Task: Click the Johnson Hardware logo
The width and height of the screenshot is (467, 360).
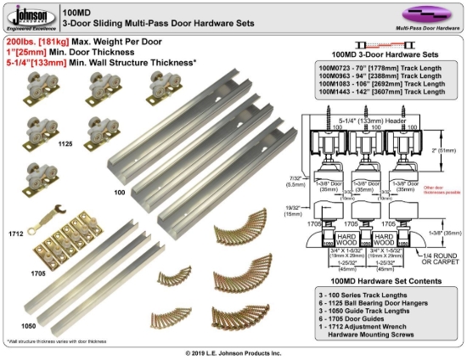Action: click(29, 16)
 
